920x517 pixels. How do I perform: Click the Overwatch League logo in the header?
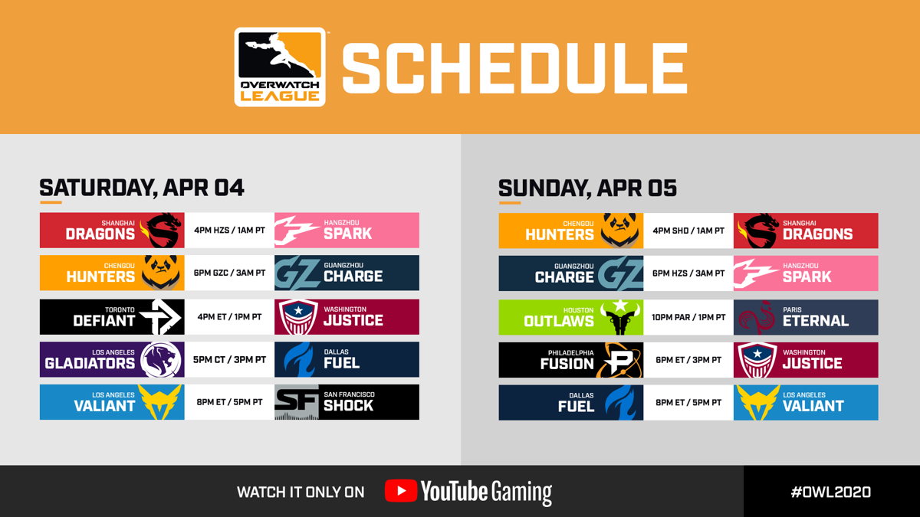280,67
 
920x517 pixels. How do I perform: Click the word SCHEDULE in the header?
514,68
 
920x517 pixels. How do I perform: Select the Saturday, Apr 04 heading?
142,188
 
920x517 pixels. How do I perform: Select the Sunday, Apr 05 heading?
587,188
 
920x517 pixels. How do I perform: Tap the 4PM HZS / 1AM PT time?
229,231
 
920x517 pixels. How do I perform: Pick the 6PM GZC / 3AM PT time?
229,273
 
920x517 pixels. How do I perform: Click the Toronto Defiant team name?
104,317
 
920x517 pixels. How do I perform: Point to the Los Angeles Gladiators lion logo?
161,360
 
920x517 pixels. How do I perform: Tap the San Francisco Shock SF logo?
297,402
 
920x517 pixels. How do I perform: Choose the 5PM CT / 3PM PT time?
229,360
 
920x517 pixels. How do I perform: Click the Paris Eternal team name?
816,317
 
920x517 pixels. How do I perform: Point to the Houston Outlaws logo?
620,317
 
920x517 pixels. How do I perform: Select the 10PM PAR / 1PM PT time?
688,317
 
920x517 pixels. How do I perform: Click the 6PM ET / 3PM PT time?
688,360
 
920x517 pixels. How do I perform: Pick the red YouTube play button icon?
401,491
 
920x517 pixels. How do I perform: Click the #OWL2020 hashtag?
831,492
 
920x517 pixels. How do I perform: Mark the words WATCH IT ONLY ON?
301,492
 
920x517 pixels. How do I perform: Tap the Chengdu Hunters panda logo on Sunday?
619,231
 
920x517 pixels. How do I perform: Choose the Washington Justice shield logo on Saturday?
298,317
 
